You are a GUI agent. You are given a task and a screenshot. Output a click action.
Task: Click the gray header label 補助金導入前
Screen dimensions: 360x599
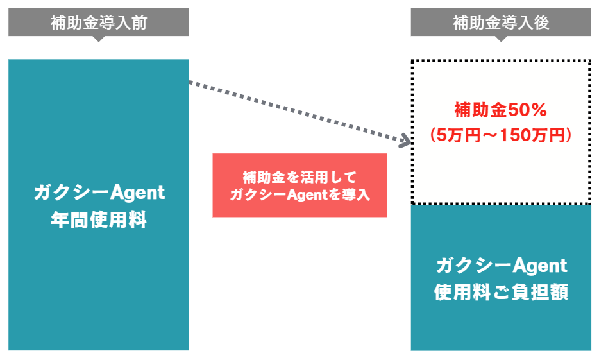coord(98,22)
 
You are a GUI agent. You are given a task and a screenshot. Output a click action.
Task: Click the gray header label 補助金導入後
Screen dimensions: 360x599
coord(501,22)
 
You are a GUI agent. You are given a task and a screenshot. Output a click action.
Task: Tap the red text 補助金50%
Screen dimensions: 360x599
coord(501,110)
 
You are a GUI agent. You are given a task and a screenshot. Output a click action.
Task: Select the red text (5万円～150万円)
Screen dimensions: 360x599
coord(501,135)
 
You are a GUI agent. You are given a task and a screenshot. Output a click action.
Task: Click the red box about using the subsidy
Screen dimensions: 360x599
coord(299,185)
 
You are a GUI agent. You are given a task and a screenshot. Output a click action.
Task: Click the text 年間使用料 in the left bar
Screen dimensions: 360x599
coord(99,221)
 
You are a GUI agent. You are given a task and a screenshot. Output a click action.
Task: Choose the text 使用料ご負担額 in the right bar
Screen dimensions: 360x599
coord(501,292)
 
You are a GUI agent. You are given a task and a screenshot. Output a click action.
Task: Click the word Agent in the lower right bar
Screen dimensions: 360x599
coord(541,264)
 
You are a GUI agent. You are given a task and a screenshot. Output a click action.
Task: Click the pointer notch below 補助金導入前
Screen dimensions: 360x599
coord(98,39)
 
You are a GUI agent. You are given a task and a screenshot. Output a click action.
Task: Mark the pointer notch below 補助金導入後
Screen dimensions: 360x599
coord(501,39)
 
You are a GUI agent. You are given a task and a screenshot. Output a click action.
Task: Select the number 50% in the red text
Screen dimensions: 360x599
coord(527,110)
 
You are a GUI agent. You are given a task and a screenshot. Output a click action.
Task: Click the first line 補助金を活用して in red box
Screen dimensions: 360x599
coord(299,176)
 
